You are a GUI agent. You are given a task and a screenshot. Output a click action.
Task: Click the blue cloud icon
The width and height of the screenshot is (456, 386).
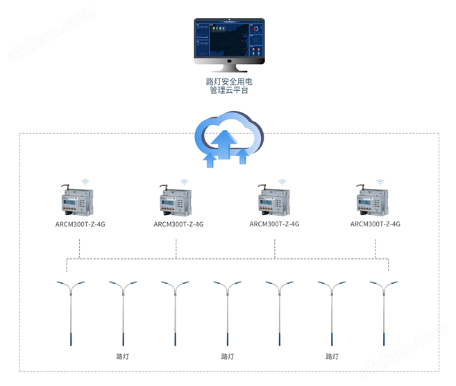coord(229,139)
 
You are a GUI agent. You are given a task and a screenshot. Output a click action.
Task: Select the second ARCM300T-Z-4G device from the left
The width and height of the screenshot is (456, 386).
coord(177,201)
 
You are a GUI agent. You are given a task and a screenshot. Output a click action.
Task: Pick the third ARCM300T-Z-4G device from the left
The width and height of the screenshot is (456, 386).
coord(274,201)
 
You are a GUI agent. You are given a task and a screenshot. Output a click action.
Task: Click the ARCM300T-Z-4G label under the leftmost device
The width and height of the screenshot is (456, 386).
coord(81,224)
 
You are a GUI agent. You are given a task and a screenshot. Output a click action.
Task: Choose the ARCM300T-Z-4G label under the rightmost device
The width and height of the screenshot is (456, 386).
coord(375,224)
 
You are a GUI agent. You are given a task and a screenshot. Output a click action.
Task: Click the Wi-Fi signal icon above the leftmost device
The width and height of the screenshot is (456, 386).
coord(86,182)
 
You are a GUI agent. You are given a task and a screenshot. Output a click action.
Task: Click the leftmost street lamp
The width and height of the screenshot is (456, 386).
coord(70,312)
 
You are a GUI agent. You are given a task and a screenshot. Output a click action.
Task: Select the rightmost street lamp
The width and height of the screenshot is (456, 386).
coord(383,312)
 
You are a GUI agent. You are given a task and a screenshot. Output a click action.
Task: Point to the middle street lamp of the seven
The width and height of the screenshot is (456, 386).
coord(227,312)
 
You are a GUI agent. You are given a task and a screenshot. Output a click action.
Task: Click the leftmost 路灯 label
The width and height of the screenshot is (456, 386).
coord(123,356)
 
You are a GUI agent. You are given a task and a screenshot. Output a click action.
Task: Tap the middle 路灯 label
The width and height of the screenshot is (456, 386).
coord(228,356)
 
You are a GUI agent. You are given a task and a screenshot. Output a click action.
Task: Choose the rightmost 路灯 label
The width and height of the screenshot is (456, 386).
coord(332,356)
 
